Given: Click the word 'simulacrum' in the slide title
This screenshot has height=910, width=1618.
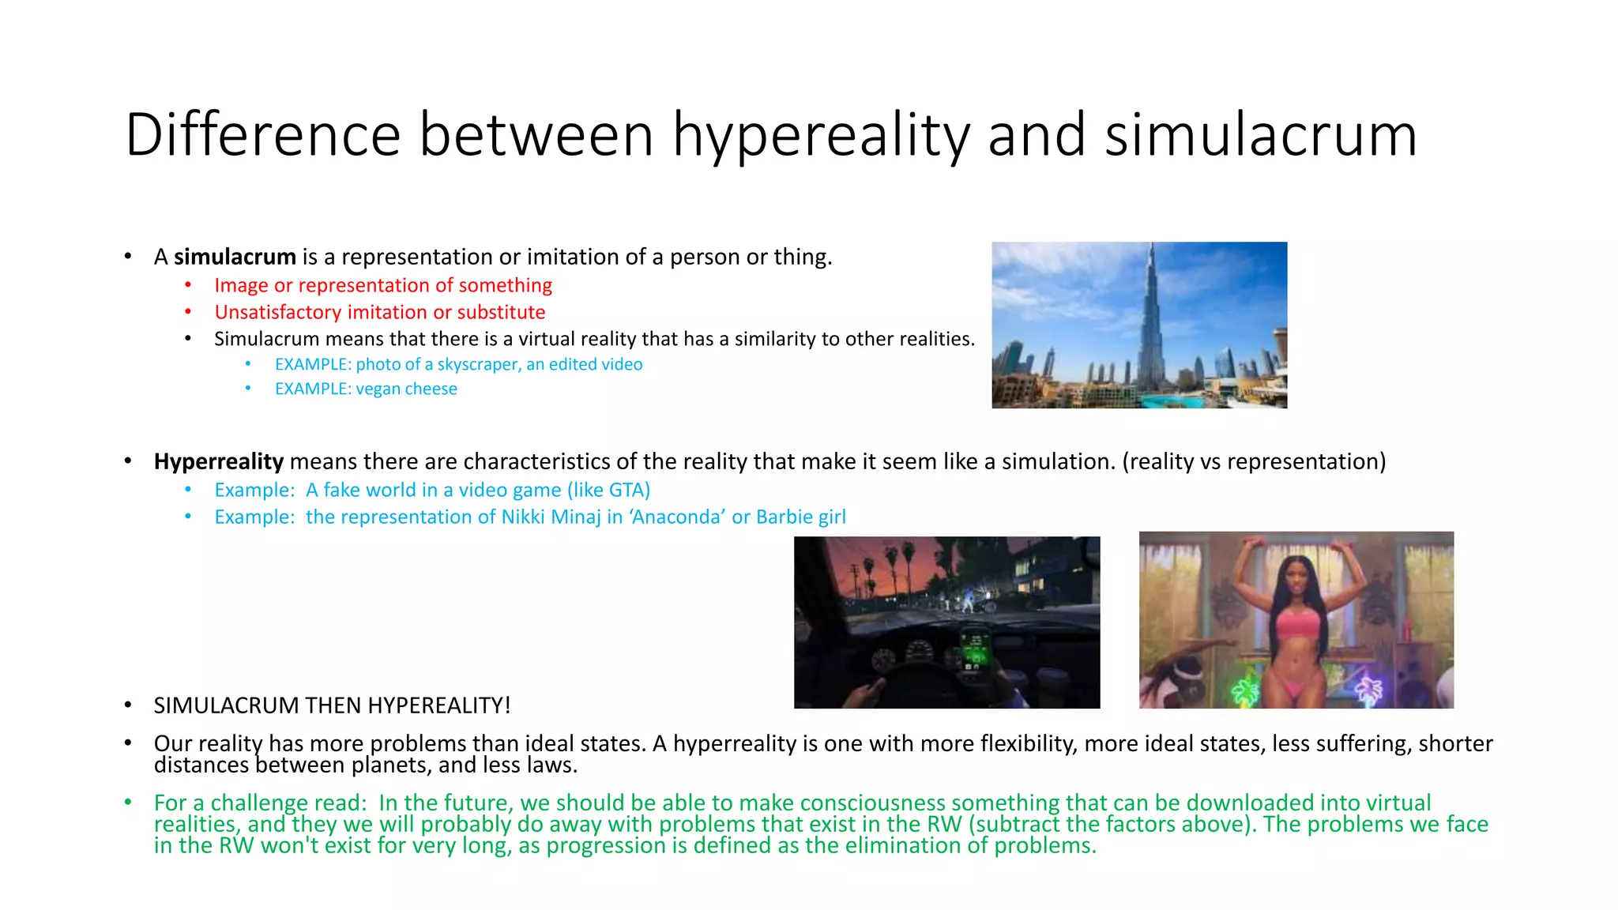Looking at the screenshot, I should click(x=1260, y=135).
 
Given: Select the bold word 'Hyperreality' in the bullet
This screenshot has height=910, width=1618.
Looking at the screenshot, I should click(x=218, y=461).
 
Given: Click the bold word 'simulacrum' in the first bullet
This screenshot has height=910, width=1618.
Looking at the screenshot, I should click(x=235, y=257).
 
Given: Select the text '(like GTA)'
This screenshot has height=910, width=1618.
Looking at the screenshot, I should click(x=608, y=490).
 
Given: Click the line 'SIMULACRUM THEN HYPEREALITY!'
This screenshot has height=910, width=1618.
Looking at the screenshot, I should click(x=332, y=705).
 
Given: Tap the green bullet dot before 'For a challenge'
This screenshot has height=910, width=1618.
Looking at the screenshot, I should click(x=128, y=803).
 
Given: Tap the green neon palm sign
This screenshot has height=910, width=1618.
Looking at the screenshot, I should click(x=1246, y=690).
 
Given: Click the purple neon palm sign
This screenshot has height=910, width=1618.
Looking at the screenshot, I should click(x=1369, y=689).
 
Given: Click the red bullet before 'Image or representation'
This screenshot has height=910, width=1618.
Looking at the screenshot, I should click(x=188, y=285).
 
